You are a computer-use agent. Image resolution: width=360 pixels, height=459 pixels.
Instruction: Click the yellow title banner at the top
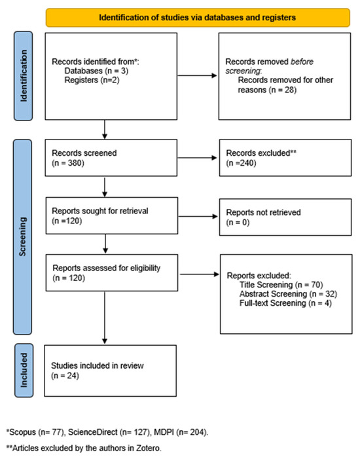(x=198, y=18)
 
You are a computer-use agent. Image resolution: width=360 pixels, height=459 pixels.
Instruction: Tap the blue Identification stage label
(x=23, y=76)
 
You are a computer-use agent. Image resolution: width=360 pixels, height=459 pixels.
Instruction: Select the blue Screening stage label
(x=22, y=237)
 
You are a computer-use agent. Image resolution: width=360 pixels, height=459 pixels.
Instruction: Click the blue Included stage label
(x=24, y=371)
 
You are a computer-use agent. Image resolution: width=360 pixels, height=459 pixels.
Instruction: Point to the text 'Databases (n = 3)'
(x=96, y=71)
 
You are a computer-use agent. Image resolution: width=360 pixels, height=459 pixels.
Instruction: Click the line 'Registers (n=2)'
(x=92, y=80)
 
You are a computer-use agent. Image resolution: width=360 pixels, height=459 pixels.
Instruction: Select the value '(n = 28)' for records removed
(x=283, y=90)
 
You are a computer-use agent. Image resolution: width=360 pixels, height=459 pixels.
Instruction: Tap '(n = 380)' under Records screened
(x=68, y=163)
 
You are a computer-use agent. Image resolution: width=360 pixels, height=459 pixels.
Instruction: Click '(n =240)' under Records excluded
(x=241, y=163)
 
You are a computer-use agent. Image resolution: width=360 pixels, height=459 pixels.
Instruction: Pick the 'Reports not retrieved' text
(x=263, y=212)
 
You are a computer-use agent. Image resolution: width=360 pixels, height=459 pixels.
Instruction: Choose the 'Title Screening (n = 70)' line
(x=281, y=285)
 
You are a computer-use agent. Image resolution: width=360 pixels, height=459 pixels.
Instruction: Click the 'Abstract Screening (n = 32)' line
(x=288, y=293)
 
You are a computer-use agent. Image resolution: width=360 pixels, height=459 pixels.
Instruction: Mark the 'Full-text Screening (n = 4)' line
(x=285, y=303)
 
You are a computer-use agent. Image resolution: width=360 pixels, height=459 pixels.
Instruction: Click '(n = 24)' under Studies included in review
(x=65, y=376)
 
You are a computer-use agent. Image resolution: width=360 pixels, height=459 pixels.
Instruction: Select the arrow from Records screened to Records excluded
(x=197, y=158)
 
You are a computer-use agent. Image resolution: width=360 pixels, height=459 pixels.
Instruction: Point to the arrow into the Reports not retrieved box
(x=198, y=217)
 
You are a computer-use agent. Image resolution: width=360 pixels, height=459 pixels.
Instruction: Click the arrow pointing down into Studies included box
(x=105, y=318)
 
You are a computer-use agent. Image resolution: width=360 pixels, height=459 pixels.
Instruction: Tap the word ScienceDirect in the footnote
(x=93, y=432)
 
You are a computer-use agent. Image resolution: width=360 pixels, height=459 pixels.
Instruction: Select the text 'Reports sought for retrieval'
(x=100, y=211)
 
